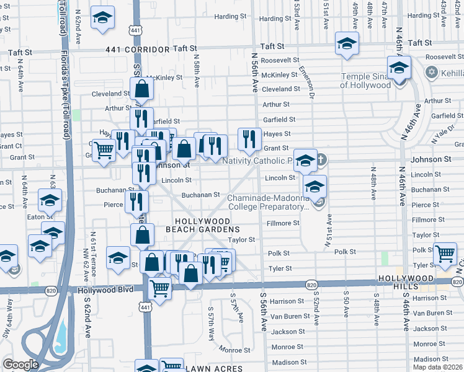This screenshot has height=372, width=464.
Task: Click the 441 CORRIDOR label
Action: [x=137, y=48]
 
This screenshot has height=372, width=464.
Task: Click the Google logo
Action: [x=20, y=365]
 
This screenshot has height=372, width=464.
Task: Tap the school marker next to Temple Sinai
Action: [x=399, y=68]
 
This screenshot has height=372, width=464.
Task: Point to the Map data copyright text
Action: [x=437, y=367]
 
